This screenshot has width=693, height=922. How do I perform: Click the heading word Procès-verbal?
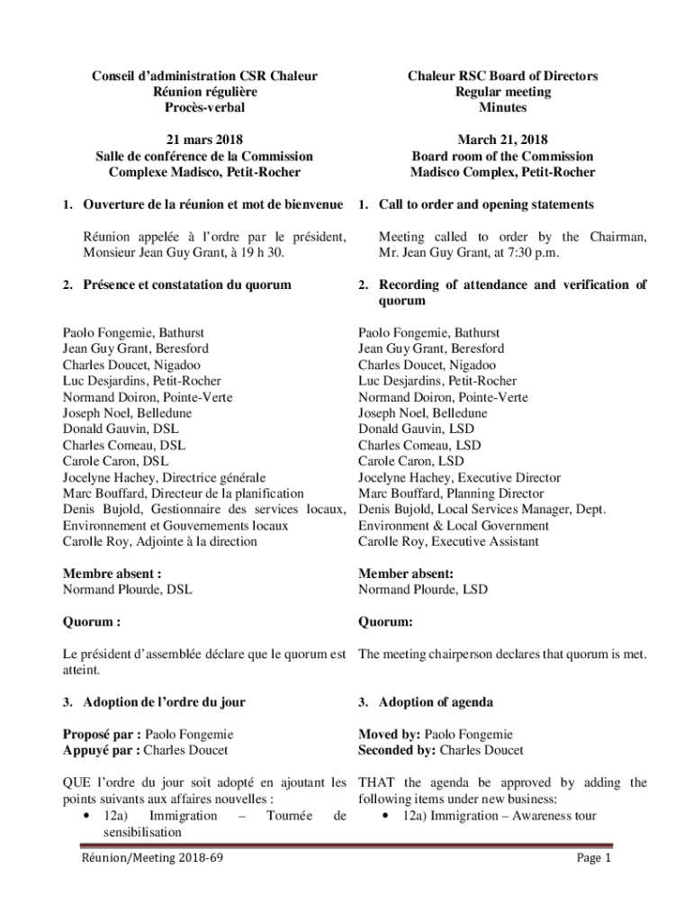(206, 108)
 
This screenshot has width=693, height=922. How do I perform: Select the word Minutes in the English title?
(502, 108)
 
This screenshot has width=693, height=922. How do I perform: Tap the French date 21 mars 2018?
(206, 140)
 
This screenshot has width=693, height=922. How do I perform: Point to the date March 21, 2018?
(502, 140)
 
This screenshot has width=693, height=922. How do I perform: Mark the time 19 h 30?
(248, 253)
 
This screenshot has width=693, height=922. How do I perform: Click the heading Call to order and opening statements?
(486, 204)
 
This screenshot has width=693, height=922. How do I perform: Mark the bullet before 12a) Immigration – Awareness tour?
(385, 816)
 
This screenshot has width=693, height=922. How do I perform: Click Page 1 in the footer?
(594, 858)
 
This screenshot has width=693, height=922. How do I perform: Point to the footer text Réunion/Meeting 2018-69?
(152, 858)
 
